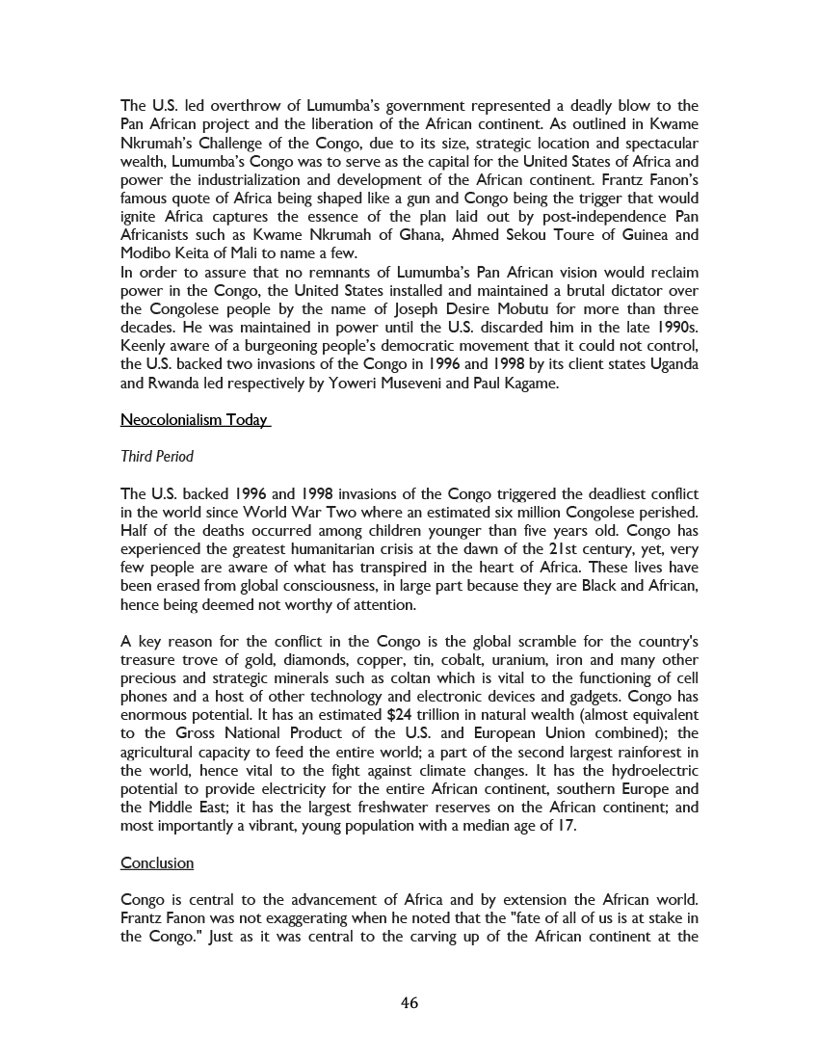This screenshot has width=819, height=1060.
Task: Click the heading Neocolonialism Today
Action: click(194, 420)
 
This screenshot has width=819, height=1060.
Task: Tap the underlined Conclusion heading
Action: click(157, 862)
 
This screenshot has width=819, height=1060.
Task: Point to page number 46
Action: click(409, 1003)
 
